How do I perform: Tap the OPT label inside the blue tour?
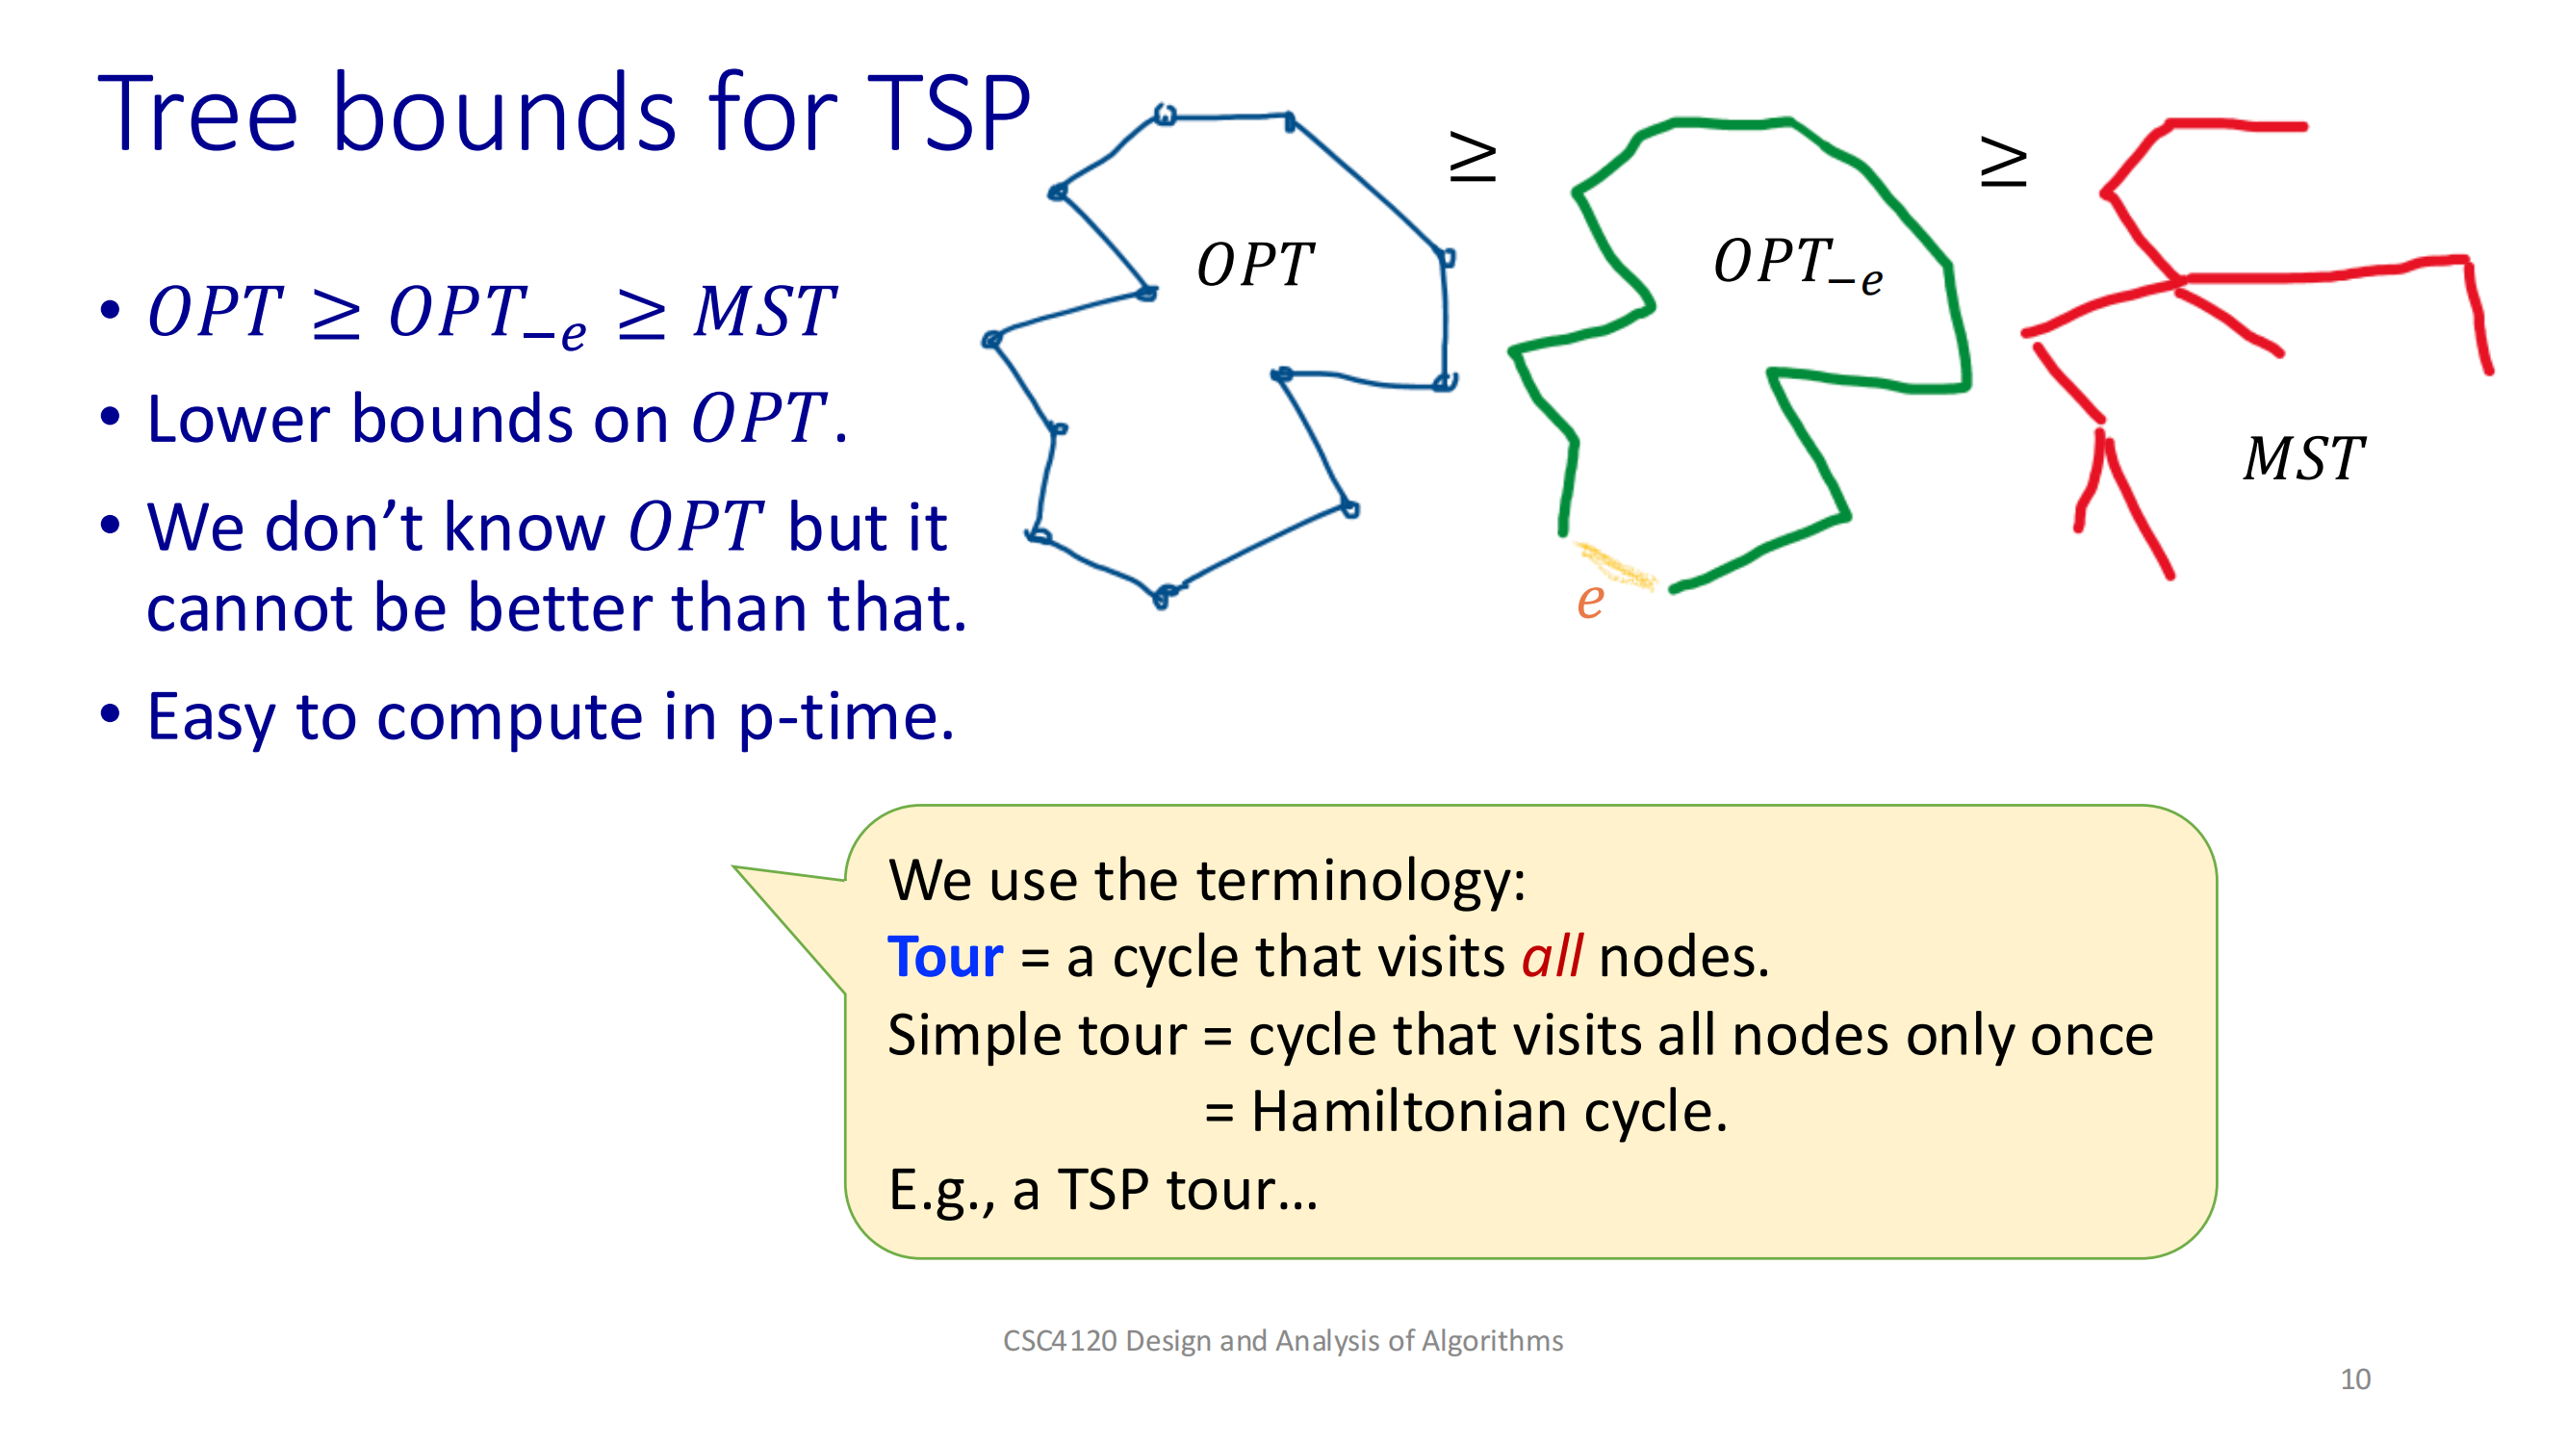[1254, 265]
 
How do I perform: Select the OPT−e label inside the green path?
[1798, 265]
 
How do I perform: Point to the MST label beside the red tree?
[2303, 458]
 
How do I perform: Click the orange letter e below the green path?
[1590, 601]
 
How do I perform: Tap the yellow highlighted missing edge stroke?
[1614, 565]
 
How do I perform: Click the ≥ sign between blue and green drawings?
[1472, 157]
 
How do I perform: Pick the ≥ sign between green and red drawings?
[2003, 162]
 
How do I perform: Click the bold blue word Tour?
[944, 958]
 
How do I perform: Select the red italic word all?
[1552, 957]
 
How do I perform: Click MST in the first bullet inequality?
[764, 312]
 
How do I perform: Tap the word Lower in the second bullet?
[238, 419]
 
